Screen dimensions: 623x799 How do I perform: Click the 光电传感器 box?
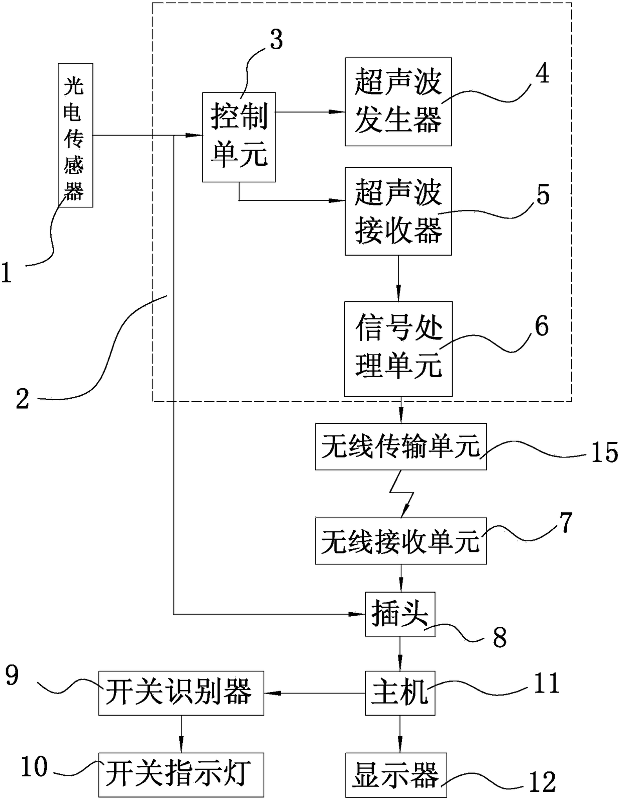(75, 135)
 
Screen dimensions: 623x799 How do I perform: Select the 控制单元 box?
(239, 137)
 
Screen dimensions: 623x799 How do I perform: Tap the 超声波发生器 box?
(398, 101)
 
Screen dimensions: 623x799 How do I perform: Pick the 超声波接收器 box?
(398, 211)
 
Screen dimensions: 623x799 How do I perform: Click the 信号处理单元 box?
(398, 349)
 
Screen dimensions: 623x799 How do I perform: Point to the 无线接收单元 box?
(401, 541)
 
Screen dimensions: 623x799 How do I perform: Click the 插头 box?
(400, 614)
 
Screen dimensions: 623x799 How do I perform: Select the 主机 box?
(400, 693)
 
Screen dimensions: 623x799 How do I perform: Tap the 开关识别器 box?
(181, 693)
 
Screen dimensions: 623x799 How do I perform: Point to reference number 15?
(604, 452)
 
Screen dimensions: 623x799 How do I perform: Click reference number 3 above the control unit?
(276, 40)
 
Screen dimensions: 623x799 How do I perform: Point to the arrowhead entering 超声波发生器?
(338, 111)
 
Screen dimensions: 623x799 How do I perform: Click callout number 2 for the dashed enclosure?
(23, 399)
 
